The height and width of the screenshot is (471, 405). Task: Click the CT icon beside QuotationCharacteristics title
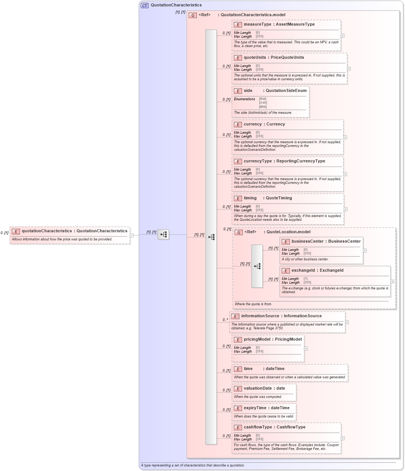pos(145,5)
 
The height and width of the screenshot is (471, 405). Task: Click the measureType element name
pos(257,24)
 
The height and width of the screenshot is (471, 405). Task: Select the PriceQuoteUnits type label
pos(287,58)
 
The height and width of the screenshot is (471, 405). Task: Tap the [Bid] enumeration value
pos(262,99)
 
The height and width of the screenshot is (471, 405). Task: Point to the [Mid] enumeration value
pos(262,107)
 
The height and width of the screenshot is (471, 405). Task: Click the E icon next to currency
pos(238,124)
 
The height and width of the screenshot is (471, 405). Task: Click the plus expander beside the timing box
pos(346,209)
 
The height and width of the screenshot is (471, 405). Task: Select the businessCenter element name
pos(308,242)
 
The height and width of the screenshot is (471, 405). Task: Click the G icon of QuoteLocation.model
pos(239,232)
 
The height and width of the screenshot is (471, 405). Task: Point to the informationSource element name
pos(260,316)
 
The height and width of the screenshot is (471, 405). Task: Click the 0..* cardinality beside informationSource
pos(225,320)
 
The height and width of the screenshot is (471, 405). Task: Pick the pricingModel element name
pos(257,339)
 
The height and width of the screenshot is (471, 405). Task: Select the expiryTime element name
pos(255,408)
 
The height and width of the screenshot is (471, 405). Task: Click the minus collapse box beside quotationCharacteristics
pos(131,236)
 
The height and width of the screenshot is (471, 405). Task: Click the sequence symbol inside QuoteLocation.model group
pos(257,266)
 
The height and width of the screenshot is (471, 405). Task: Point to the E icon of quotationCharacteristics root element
pos(16,231)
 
